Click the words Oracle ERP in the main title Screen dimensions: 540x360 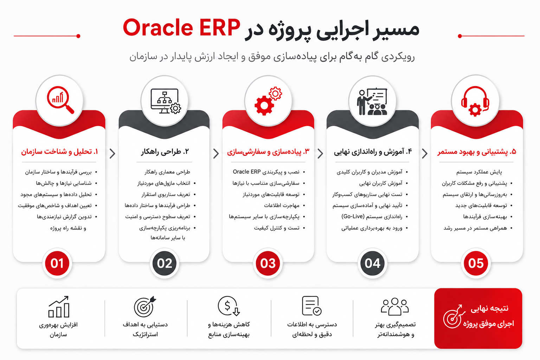181,28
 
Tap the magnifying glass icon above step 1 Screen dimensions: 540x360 60,99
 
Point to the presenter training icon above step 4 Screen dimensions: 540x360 372,102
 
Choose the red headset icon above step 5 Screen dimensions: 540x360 475,101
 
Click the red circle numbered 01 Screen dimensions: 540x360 57,263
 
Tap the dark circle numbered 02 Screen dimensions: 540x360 165,263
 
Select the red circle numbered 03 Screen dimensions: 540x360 268,263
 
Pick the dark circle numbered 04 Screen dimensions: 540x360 372,263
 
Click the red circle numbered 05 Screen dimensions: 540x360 476,263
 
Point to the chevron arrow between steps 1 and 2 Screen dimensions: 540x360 112,154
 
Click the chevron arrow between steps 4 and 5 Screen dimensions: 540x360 425,154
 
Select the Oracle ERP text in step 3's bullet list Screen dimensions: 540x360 246,172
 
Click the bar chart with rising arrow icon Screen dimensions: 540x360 59,307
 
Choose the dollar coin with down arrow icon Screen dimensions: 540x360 229,306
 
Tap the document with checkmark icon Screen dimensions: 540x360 311,306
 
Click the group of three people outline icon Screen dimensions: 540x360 395,307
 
